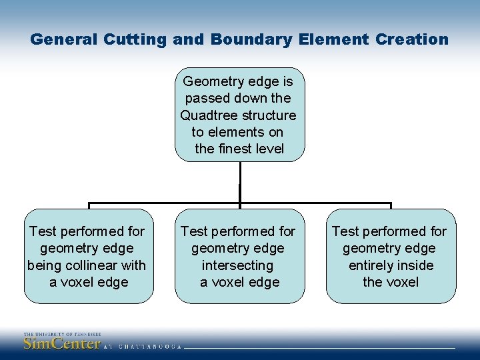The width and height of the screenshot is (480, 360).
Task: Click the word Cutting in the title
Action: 135,39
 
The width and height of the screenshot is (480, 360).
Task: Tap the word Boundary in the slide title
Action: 251,39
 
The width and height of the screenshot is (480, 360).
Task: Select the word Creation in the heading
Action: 412,39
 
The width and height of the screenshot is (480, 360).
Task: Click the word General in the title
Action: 64,39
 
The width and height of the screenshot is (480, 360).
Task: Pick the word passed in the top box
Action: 205,98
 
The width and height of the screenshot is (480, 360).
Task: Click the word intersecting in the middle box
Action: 238,265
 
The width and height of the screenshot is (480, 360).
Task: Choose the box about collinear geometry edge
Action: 89,256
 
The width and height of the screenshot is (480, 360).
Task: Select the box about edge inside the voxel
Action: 391,256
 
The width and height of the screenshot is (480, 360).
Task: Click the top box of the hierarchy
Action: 239,115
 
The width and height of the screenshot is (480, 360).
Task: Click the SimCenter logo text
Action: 61,344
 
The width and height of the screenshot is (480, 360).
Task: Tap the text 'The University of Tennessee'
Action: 62,334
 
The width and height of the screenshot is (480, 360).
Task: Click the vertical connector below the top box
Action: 239,182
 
